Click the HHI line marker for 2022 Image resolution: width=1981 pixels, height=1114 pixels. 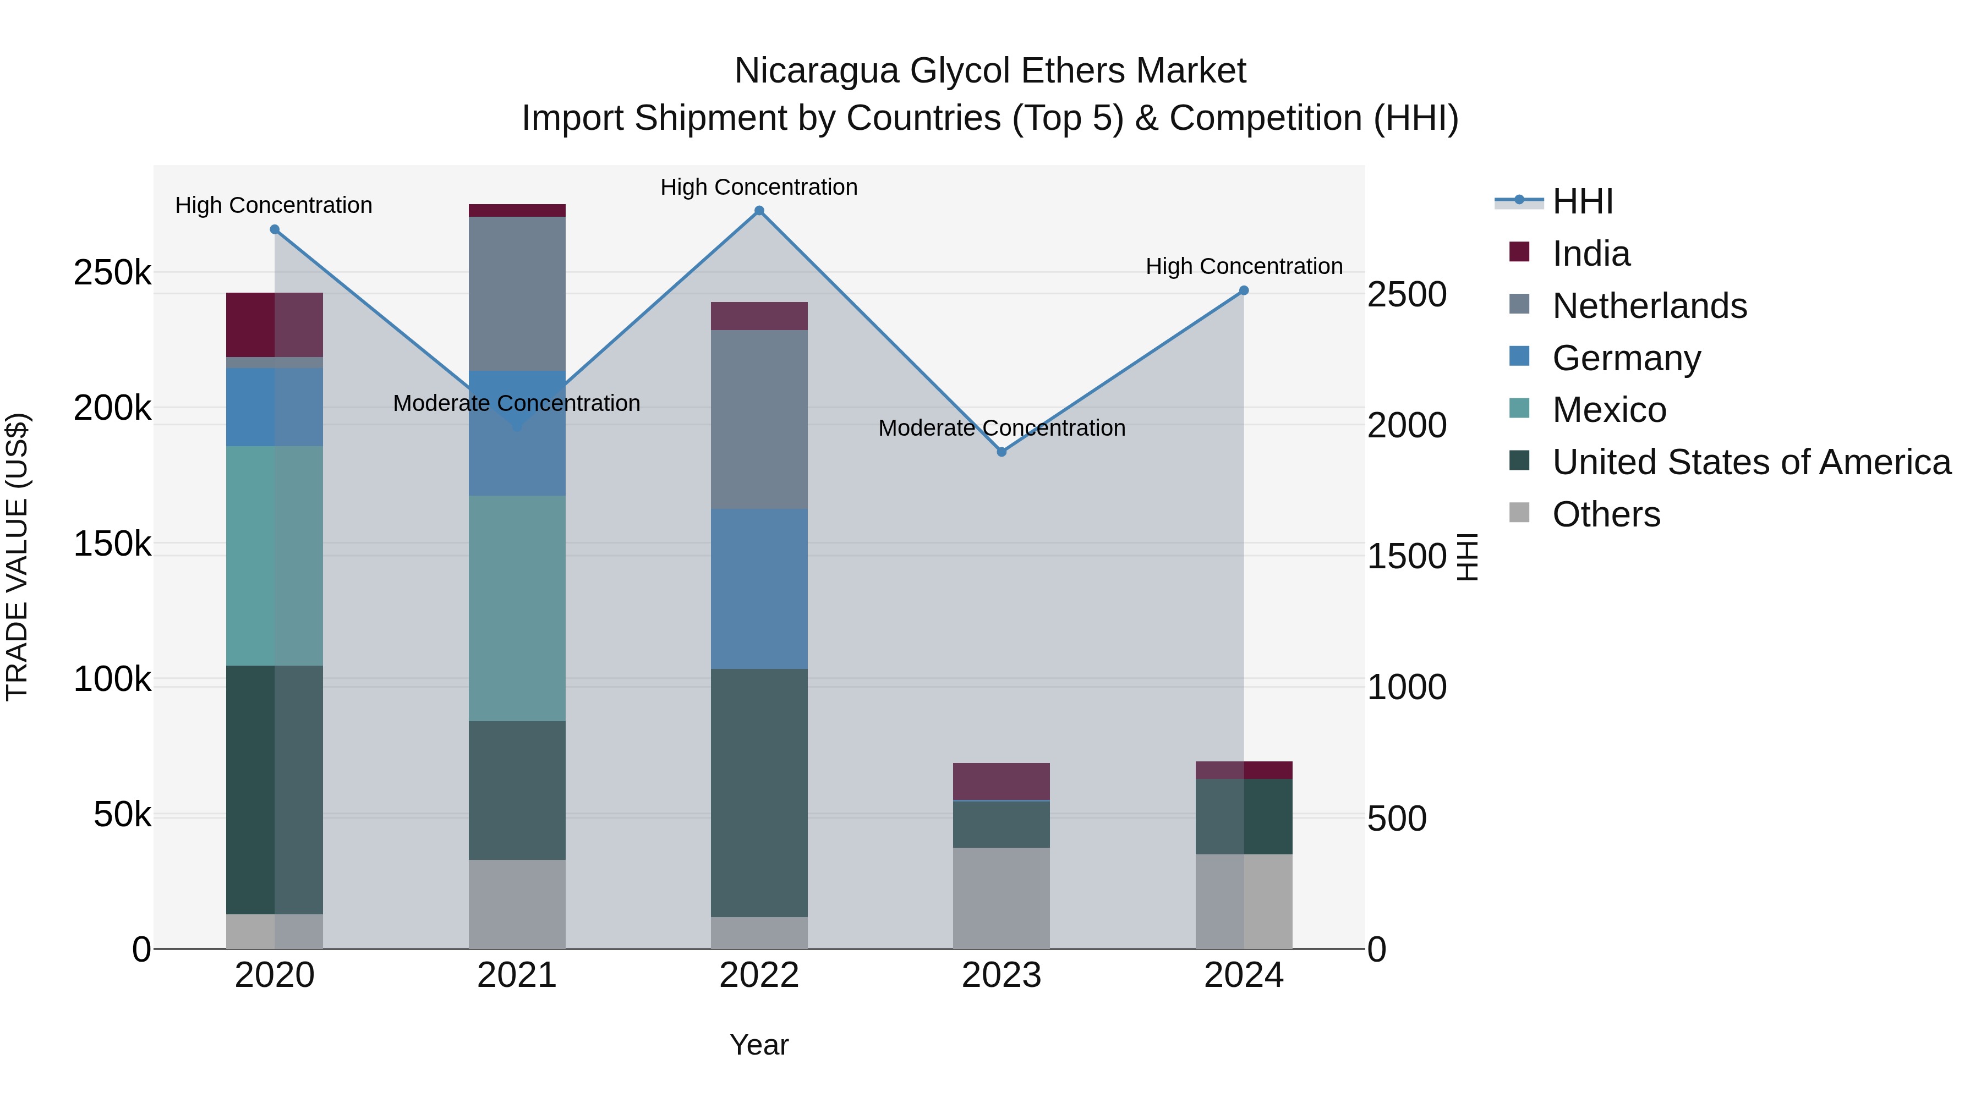pyautogui.click(x=759, y=211)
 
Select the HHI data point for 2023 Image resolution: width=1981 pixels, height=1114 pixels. pyautogui.click(x=1002, y=452)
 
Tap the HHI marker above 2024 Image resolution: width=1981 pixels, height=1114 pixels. pyautogui.click(x=1244, y=290)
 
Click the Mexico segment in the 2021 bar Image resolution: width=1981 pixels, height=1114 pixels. pyautogui.click(x=517, y=607)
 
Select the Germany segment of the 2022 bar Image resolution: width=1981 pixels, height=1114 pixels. pyautogui.click(x=759, y=588)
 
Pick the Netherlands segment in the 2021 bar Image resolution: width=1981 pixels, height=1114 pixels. pyautogui.click(x=517, y=294)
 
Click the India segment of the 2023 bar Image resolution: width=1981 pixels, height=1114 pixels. pyautogui.click(x=1002, y=781)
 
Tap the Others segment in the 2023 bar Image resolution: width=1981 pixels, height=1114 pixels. pyautogui.click(x=1002, y=898)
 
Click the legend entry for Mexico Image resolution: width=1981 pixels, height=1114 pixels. pyautogui.click(x=1609, y=410)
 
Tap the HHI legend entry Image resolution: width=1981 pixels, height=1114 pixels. pyautogui.click(x=1582, y=201)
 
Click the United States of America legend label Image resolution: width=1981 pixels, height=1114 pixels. pyautogui.click(x=1751, y=462)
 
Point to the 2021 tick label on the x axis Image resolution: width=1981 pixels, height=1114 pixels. pyautogui.click(x=517, y=975)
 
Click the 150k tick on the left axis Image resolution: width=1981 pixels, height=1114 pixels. pyautogui.click(x=112, y=544)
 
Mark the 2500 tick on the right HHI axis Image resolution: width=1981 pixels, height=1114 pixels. pyautogui.click(x=1407, y=294)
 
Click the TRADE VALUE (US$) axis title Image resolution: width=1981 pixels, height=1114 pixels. pyautogui.click(x=18, y=557)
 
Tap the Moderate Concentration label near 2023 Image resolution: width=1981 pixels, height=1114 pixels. pyautogui.click(x=1002, y=428)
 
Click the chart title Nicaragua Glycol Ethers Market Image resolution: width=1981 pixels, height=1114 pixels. pyautogui.click(x=990, y=71)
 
